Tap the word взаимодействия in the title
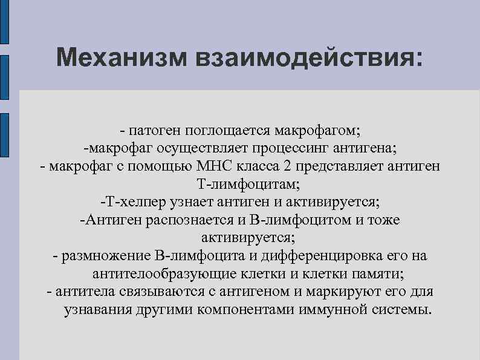click(x=306, y=59)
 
